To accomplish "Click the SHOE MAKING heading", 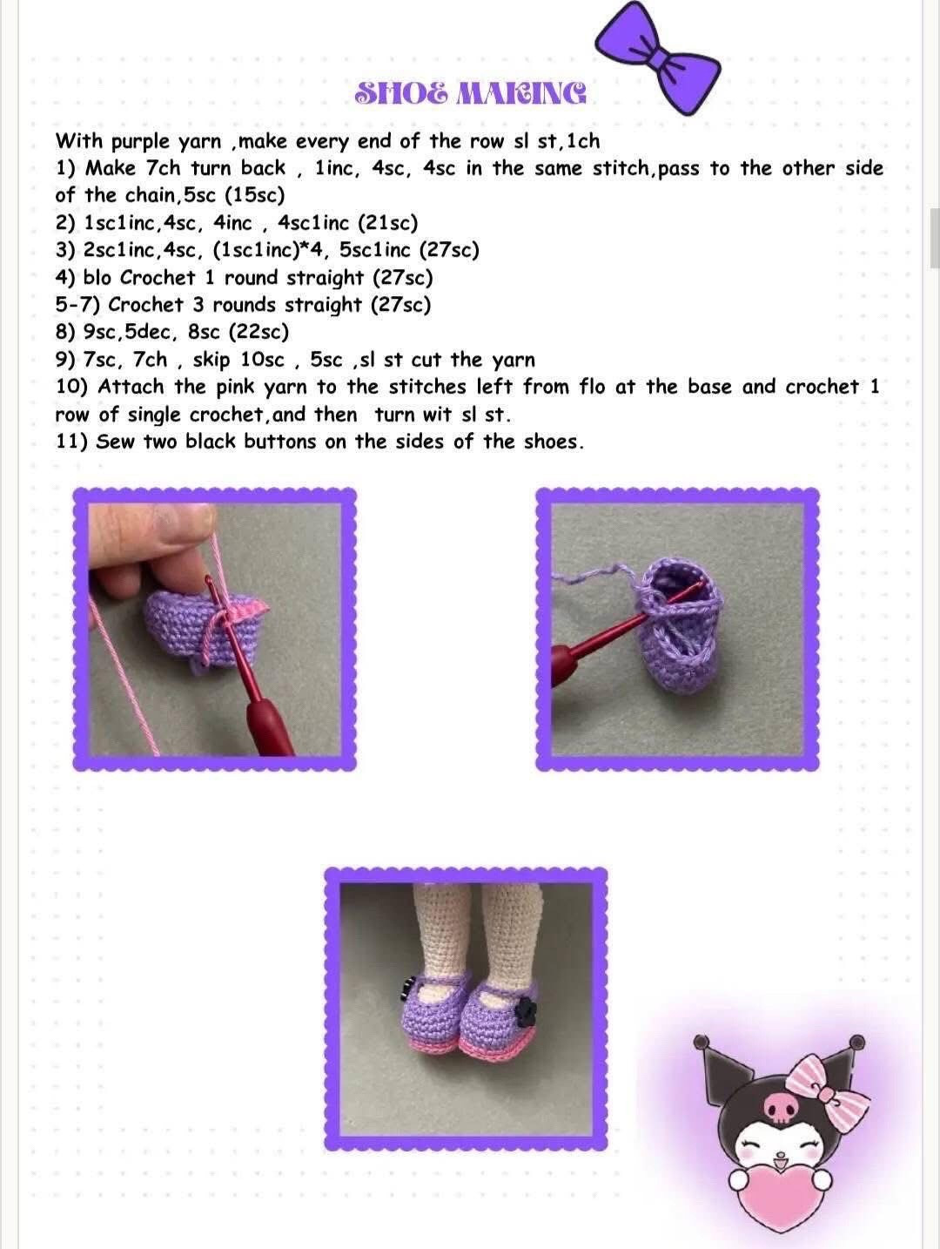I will coord(471,93).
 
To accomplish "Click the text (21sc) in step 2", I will coord(387,223).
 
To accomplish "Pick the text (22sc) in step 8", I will coord(258,332).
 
